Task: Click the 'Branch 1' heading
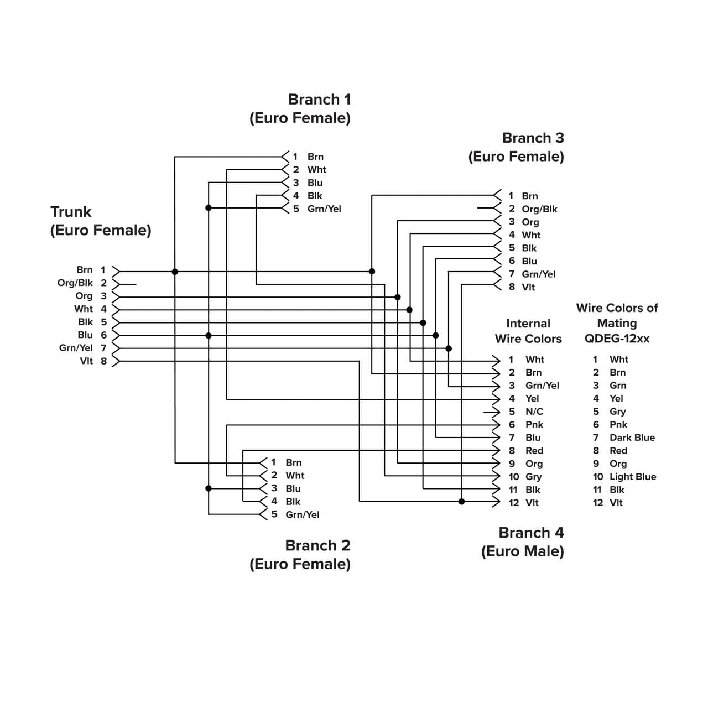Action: pos(319,100)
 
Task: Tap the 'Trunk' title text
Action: pos(71,212)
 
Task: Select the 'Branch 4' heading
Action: pos(531,533)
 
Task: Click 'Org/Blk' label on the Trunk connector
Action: pos(75,283)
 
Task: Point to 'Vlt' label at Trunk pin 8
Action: pos(86,361)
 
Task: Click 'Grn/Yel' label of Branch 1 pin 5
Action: pos(324,209)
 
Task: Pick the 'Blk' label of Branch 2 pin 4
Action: pos(293,502)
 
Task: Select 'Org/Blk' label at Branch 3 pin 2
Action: pos(539,209)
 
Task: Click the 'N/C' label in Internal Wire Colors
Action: pos(534,412)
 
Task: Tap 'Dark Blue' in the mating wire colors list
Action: pos(632,438)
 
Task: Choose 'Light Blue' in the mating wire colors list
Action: pos(632,477)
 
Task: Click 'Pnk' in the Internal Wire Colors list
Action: pos(534,425)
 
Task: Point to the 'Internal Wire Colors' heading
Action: pos(528,331)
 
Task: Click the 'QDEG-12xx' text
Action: pos(617,339)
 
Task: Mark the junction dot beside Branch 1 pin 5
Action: pos(209,208)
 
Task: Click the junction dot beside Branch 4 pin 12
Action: pos(462,502)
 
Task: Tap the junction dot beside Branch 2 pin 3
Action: pos(209,488)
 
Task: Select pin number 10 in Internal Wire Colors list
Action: pos(514,477)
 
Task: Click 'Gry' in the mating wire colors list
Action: pos(617,412)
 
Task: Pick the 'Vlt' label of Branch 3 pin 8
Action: pos(528,287)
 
